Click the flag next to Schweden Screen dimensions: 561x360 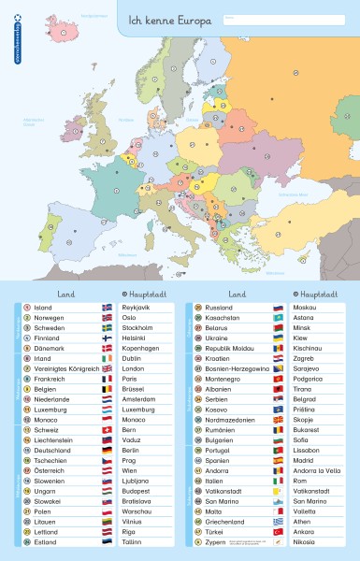pos(107,329)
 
